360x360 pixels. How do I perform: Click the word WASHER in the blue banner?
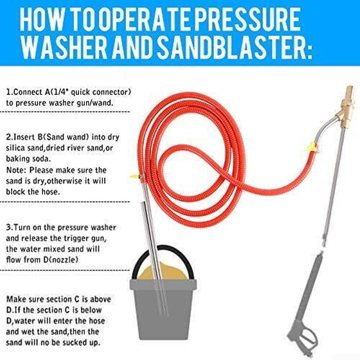[64, 48]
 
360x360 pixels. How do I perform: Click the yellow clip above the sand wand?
[136, 176]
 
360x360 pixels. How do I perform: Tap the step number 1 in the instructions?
[9, 92]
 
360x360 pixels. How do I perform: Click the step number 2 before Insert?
[9, 137]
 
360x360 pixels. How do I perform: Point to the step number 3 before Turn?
[9, 228]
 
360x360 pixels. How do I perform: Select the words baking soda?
[28, 159]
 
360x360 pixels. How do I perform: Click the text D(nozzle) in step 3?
[61, 260]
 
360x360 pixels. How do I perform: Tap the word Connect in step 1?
[28, 92]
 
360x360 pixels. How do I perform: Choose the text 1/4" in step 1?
[60, 92]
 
